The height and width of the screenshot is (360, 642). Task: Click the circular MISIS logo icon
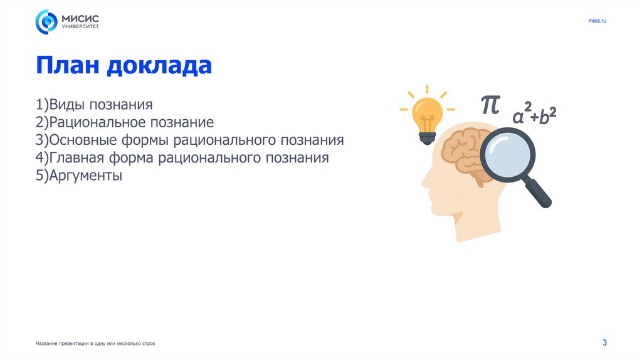[x=46, y=22]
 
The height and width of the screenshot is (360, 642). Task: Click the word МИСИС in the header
[x=79, y=18]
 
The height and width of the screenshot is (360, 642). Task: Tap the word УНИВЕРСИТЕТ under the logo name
[x=80, y=27]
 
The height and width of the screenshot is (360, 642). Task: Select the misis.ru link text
[x=597, y=21]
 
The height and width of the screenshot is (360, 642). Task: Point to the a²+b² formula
[x=534, y=115]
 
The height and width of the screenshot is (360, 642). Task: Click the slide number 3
[x=604, y=342]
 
